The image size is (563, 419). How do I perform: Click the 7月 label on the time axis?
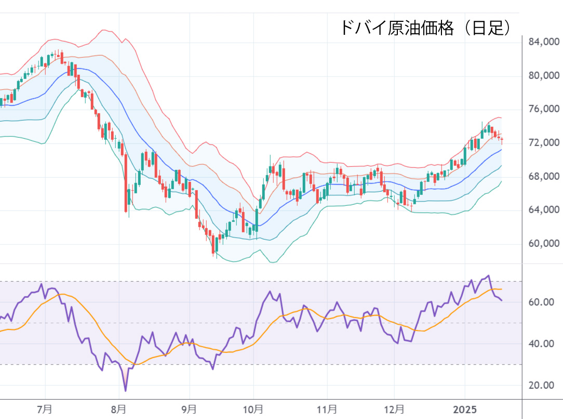(45, 410)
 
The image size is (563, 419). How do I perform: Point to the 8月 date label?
(119, 410)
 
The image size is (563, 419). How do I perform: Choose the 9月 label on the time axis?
(190, 410)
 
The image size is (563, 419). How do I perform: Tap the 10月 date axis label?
(253, 410)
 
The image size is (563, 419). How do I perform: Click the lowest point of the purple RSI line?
(125, 390)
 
